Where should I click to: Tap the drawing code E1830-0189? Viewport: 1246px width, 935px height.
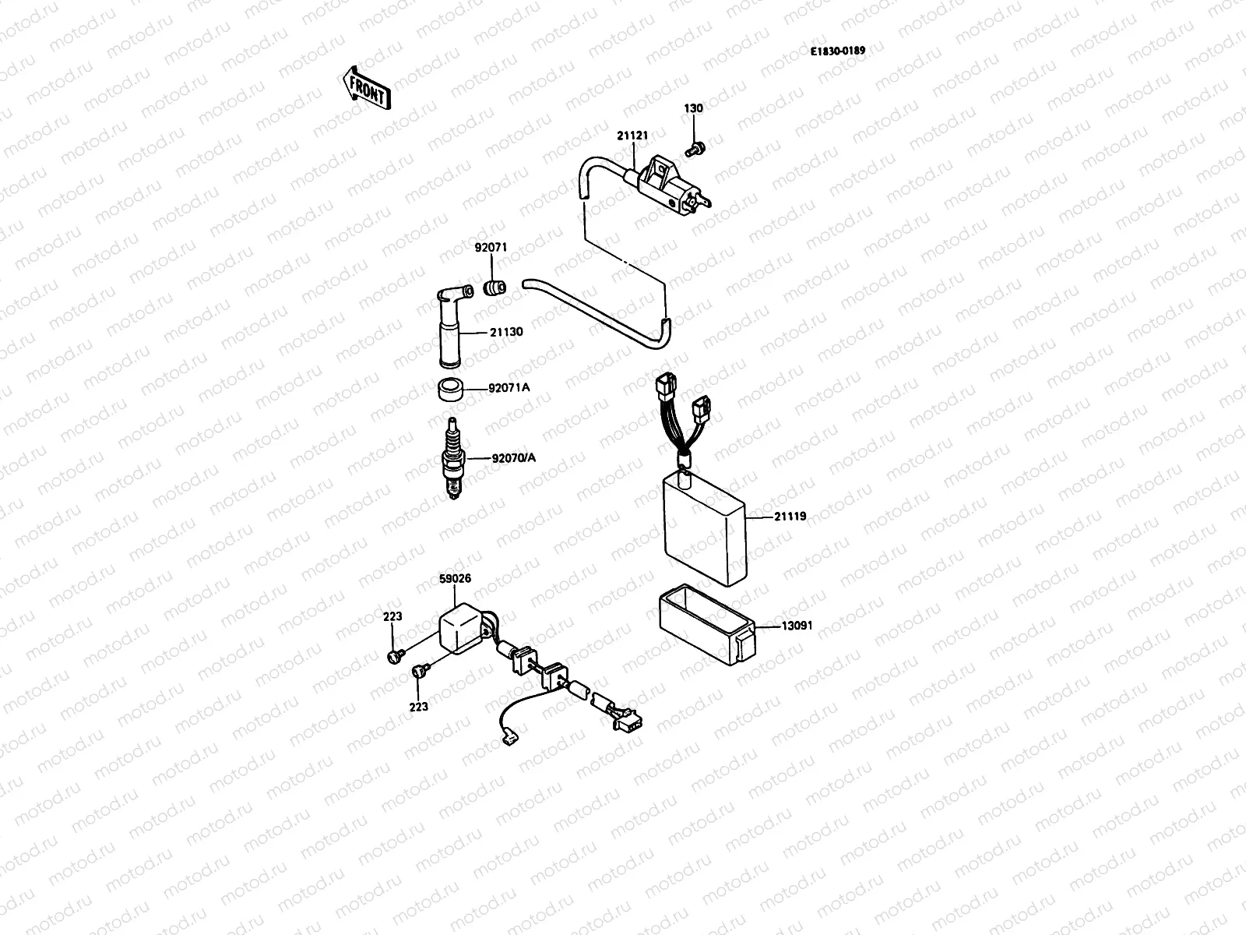click(837, 51)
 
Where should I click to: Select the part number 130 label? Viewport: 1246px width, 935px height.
click(693, 108)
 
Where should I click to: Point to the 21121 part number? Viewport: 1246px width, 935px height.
click(632, 136)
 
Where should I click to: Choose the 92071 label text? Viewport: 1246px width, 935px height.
click(491, 248)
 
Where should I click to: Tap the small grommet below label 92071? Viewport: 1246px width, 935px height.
click(495, 288)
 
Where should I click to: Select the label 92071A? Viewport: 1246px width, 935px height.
click(509, 387)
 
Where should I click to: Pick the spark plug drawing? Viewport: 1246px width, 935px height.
click(452, 458)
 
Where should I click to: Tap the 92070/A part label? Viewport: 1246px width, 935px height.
click(513, 457)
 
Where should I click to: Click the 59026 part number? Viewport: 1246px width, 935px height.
click(455, 579)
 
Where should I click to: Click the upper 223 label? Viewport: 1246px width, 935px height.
click(392, 616)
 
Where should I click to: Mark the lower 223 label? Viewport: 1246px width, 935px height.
click(418, 707)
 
